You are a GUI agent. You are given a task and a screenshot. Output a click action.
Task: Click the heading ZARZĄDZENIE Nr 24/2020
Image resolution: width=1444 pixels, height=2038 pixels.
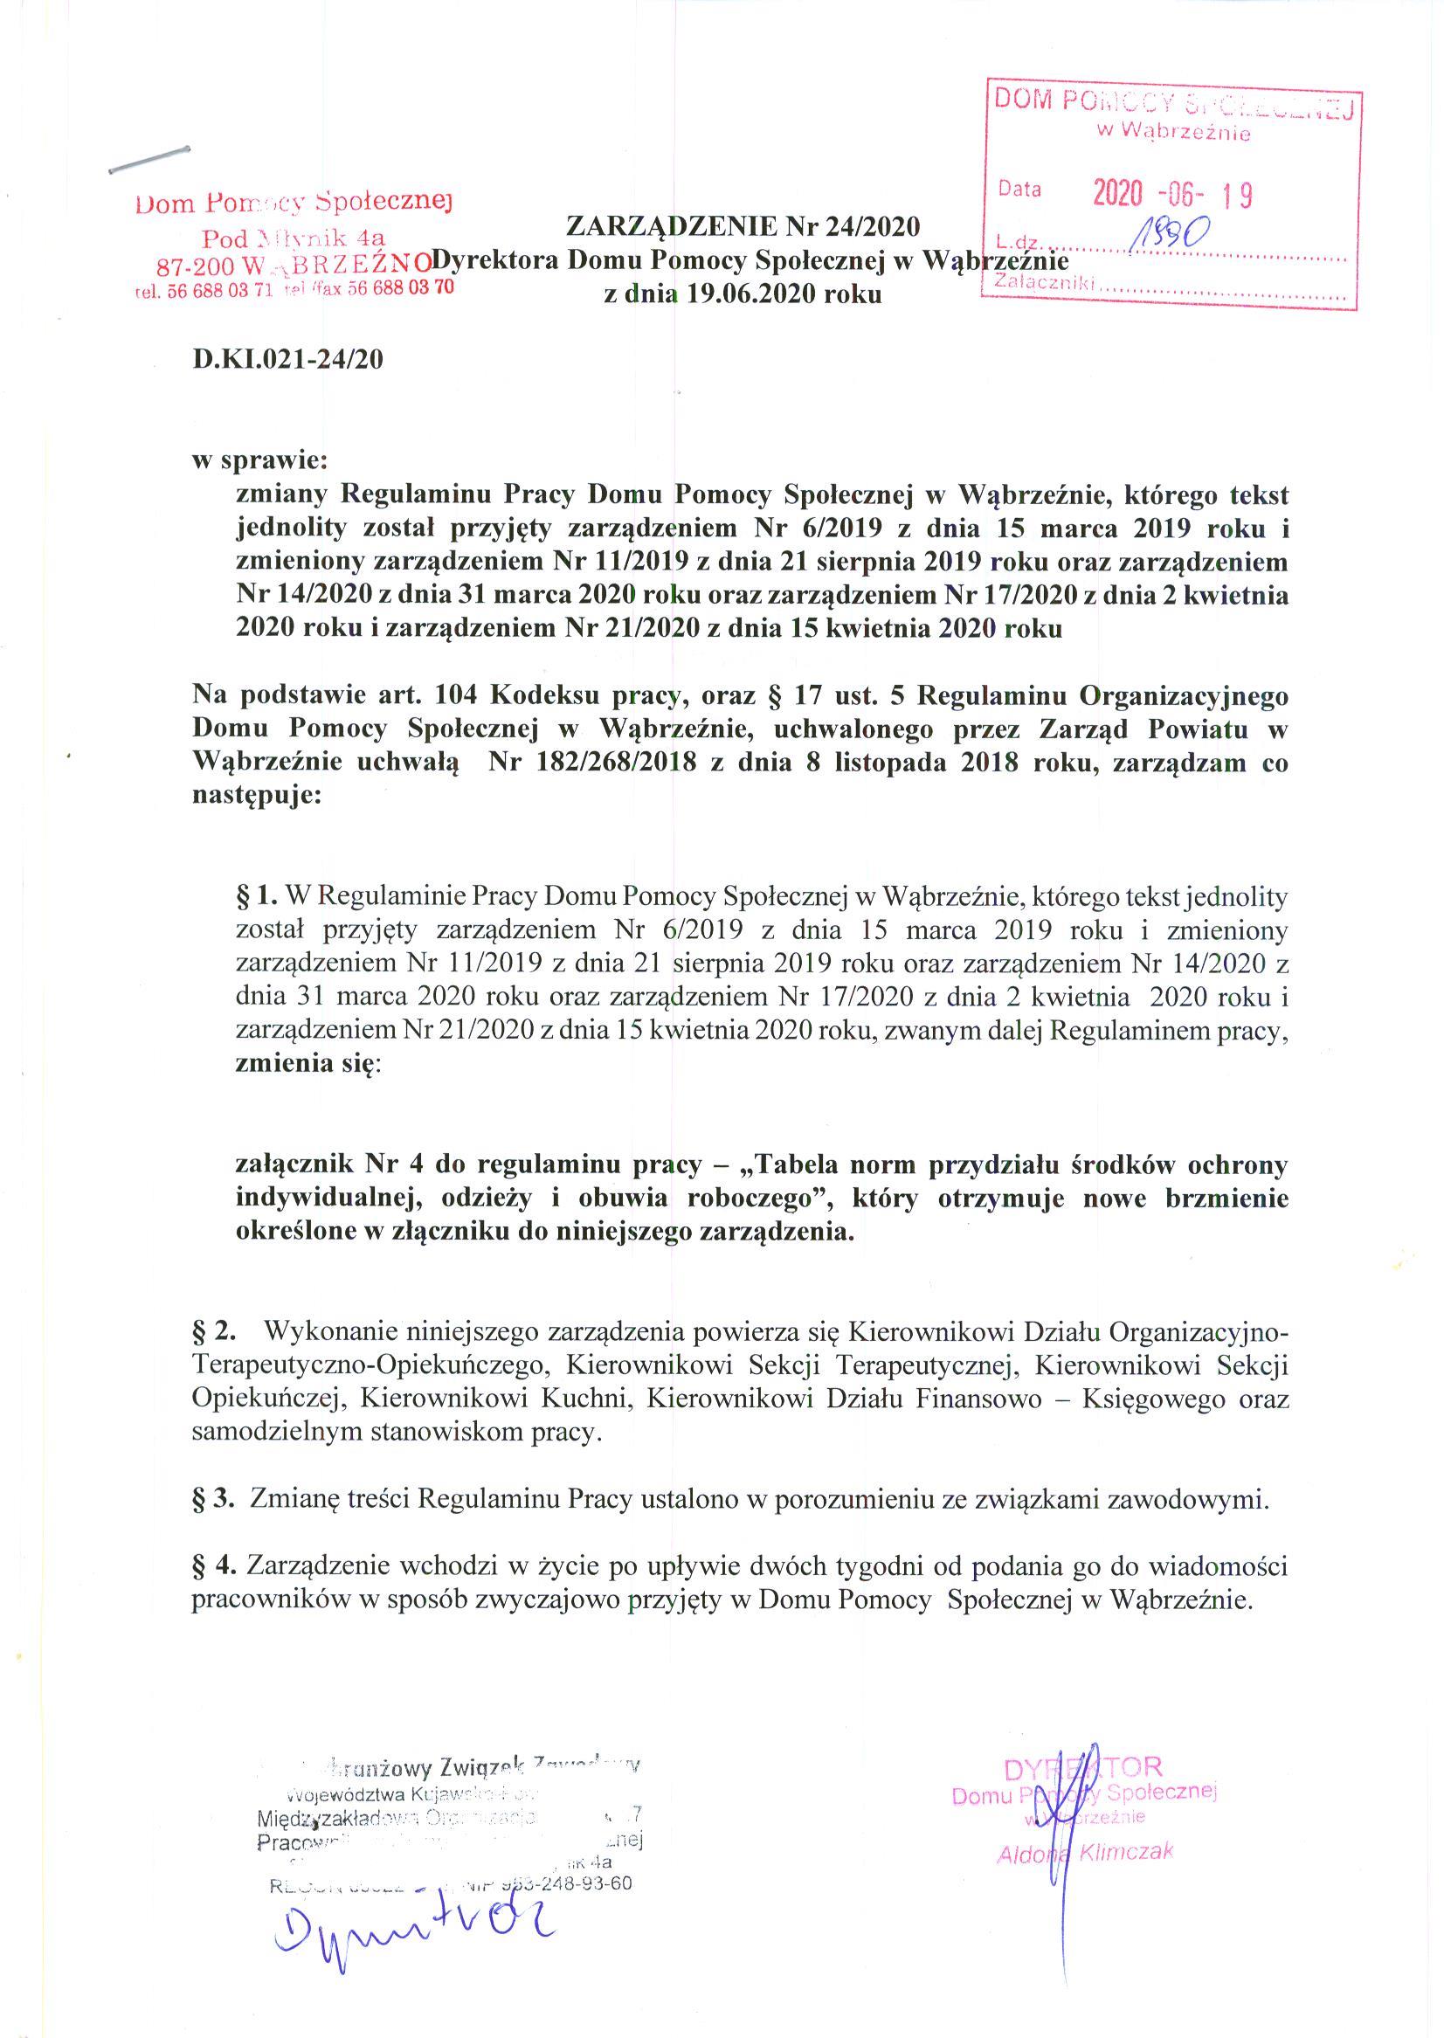[743, 228]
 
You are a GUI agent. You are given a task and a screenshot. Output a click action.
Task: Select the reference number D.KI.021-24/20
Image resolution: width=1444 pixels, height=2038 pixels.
[288, 360]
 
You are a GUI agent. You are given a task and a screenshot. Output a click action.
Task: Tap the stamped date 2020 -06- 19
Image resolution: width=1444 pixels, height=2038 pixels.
[1172, 193]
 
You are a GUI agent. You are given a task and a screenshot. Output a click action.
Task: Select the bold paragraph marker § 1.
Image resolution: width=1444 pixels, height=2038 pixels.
[258, 897]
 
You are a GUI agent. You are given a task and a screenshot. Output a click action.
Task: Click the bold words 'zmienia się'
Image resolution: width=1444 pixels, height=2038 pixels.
[306, 1064]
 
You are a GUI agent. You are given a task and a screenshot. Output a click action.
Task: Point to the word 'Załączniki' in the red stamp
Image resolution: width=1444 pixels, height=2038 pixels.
[1047, 284]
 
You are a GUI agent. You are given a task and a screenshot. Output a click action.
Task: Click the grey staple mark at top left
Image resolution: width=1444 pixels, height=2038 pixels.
[149, 157]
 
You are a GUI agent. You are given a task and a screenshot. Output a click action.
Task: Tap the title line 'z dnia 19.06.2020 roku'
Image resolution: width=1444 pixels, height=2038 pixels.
[743, 294]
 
